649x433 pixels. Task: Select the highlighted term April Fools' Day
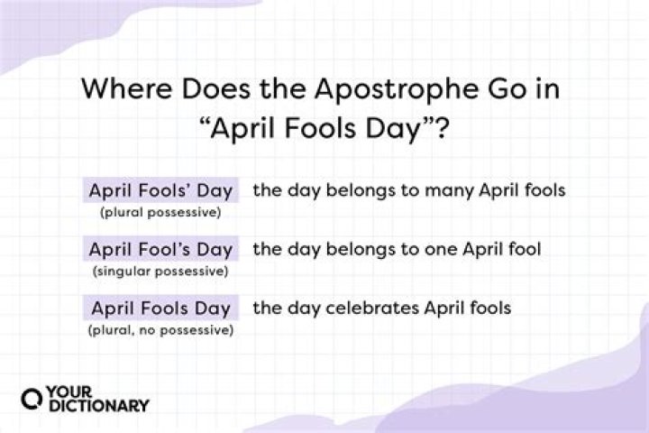[160, 190]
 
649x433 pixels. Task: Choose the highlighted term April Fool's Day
[160, 249]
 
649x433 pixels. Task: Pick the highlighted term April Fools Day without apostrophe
[160, 308]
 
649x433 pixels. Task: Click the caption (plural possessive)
[160, 212]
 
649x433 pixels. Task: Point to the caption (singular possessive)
[160, 271]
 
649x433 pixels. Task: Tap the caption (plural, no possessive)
[160, 329]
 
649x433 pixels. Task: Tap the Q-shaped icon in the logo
[32, 400]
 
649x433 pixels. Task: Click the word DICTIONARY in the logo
[96, 408]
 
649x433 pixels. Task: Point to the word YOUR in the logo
[71, 392]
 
